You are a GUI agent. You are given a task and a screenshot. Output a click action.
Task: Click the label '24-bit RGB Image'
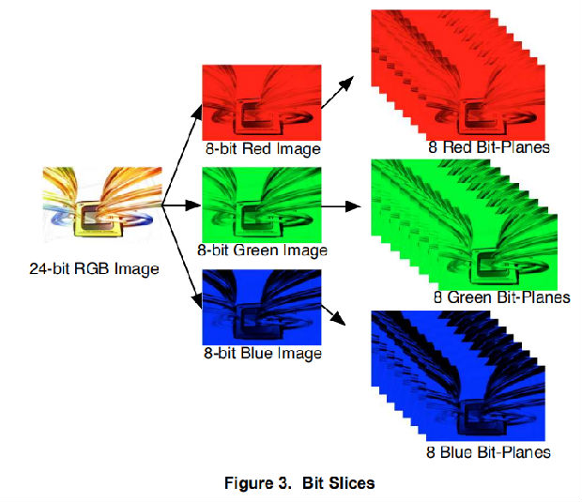[x=94, y=269]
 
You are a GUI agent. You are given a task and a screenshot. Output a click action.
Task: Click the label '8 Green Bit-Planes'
[x=501, y=297]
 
